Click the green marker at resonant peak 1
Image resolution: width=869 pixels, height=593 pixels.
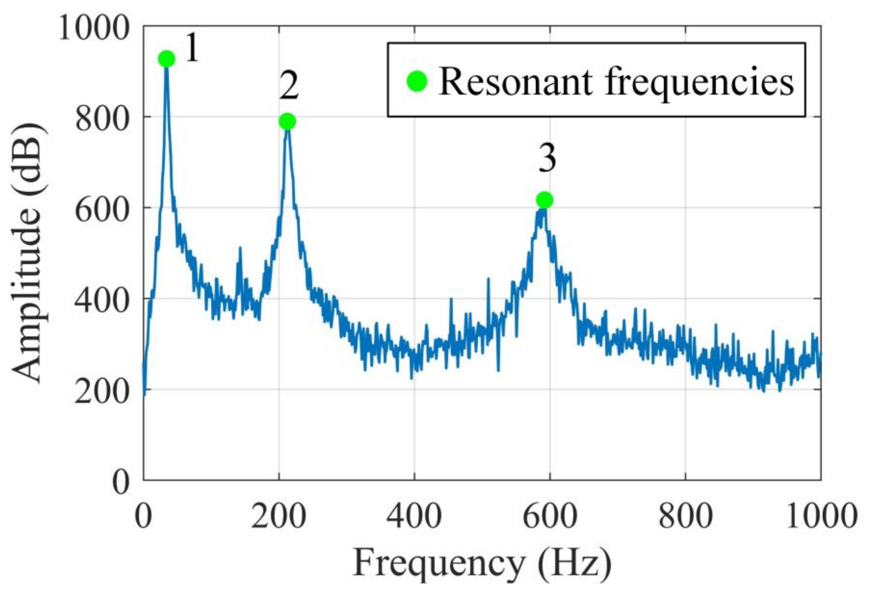click(x=167, y=59)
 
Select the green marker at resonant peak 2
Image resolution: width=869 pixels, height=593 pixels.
click(x=287, y=121)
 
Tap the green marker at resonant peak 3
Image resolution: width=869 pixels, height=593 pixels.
click(x=545, y=200)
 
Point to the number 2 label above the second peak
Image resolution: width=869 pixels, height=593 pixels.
click(x=289, y=87)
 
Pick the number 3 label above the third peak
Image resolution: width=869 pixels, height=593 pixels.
click(x=547, y=159)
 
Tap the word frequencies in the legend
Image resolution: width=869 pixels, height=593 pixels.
click(x=699, y=83)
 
